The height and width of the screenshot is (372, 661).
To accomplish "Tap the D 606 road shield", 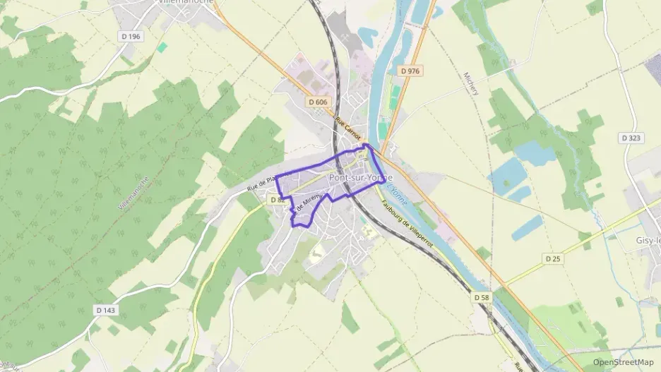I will coord(318,102).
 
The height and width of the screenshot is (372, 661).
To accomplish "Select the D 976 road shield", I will coord(410,71).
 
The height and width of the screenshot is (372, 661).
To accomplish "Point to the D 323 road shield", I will coord(631,138).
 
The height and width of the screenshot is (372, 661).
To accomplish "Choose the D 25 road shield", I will coord(554,259).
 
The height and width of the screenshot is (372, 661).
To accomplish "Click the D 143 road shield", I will coord(106,310).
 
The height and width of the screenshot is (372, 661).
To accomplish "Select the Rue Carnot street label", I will coord(349,128).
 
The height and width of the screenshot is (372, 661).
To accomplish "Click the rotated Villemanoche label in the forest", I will coord(133,195).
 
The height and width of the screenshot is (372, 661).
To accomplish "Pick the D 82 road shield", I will coord(277,200).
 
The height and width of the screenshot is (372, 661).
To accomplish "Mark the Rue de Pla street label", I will coord(261,185).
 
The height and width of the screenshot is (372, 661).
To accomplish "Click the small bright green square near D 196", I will coord(162,47).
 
